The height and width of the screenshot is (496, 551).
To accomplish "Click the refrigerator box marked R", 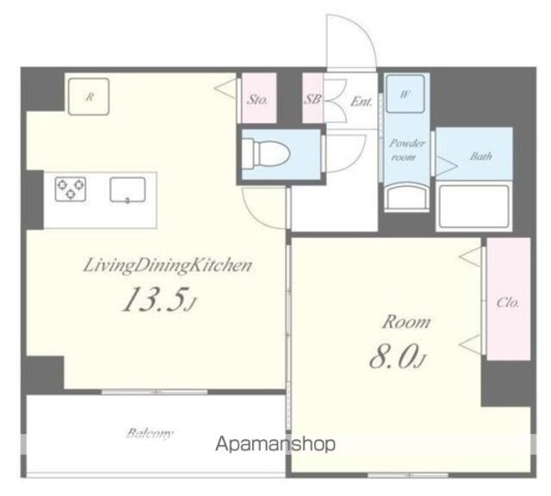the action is (x=89, y=96).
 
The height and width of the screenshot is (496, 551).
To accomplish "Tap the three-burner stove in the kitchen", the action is (x=71, y=189).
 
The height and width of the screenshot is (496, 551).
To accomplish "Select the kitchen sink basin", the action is (x=127, y=189).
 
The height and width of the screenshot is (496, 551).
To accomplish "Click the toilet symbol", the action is (x=266, y=154).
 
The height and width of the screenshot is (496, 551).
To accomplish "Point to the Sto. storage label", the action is (x=257, y=100).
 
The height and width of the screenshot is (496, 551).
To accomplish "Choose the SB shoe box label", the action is (x=312, y=100).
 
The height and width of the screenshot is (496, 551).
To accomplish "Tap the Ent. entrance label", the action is (x=362, y=102).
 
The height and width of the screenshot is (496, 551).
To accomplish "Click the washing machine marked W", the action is (x=406, y=94).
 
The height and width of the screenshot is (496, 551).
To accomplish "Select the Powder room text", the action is (x=406, y=150).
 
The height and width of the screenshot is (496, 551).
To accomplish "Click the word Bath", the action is (x=480, y=156).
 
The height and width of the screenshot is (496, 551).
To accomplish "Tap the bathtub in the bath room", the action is (x=474, y=207).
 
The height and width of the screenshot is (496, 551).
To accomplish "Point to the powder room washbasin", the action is (x=406, y=198).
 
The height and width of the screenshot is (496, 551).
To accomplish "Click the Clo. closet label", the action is (x=508, y=302).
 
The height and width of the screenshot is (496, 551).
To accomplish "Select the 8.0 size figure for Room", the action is (x=398, y=357).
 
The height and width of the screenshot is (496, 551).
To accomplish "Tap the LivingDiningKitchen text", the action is (x=168, y=265).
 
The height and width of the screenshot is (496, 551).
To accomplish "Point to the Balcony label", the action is (x=150, y=433).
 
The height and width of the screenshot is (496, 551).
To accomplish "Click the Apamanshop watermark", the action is (x=275, y=444).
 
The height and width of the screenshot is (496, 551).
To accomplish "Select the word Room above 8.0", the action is (x=406, y=322).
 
